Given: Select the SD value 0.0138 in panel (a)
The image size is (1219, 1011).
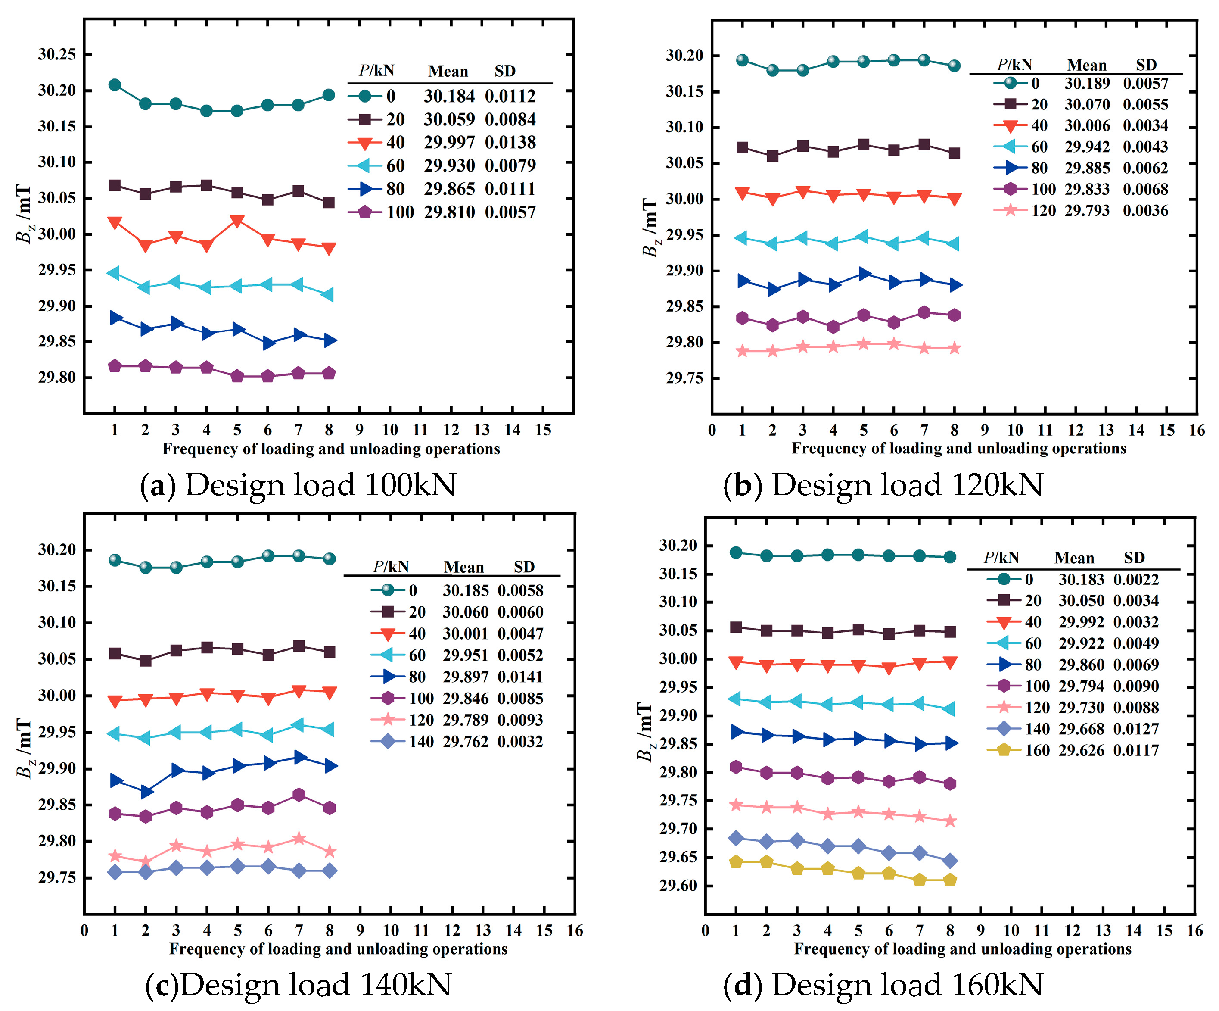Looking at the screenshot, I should tap(510, 142).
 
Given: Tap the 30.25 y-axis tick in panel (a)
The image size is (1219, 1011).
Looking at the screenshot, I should tap(57, 55).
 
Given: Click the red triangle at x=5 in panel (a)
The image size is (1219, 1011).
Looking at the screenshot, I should tap(237, 221).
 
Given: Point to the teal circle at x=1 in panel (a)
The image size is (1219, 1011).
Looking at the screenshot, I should tap(114, 85).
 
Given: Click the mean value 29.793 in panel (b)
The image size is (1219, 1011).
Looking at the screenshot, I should tap(1087, 210).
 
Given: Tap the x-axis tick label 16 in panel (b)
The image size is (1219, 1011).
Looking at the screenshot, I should tap(1196, 430).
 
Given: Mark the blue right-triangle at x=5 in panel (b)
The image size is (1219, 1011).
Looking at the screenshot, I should tap(864, 274).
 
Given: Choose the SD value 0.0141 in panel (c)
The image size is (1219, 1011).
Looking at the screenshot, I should tap(520, 677).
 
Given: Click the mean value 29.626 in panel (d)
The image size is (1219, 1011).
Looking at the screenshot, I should tap(1081, 750).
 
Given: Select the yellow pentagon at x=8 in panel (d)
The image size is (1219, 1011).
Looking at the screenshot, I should tap(950, 880).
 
